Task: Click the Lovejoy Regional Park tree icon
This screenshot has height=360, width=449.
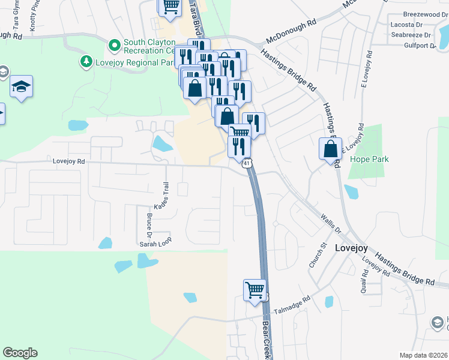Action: pos(86,61)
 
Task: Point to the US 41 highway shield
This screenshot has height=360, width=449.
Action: pos(247,163)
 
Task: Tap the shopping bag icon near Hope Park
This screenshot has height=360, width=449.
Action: pos(331,149)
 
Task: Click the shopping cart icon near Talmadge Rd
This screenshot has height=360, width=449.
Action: pos(255,290)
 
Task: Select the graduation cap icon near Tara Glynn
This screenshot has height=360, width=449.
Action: pos(22,86)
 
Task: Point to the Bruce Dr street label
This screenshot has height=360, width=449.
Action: pos(149,223)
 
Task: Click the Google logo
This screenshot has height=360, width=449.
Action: pos(20,353)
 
